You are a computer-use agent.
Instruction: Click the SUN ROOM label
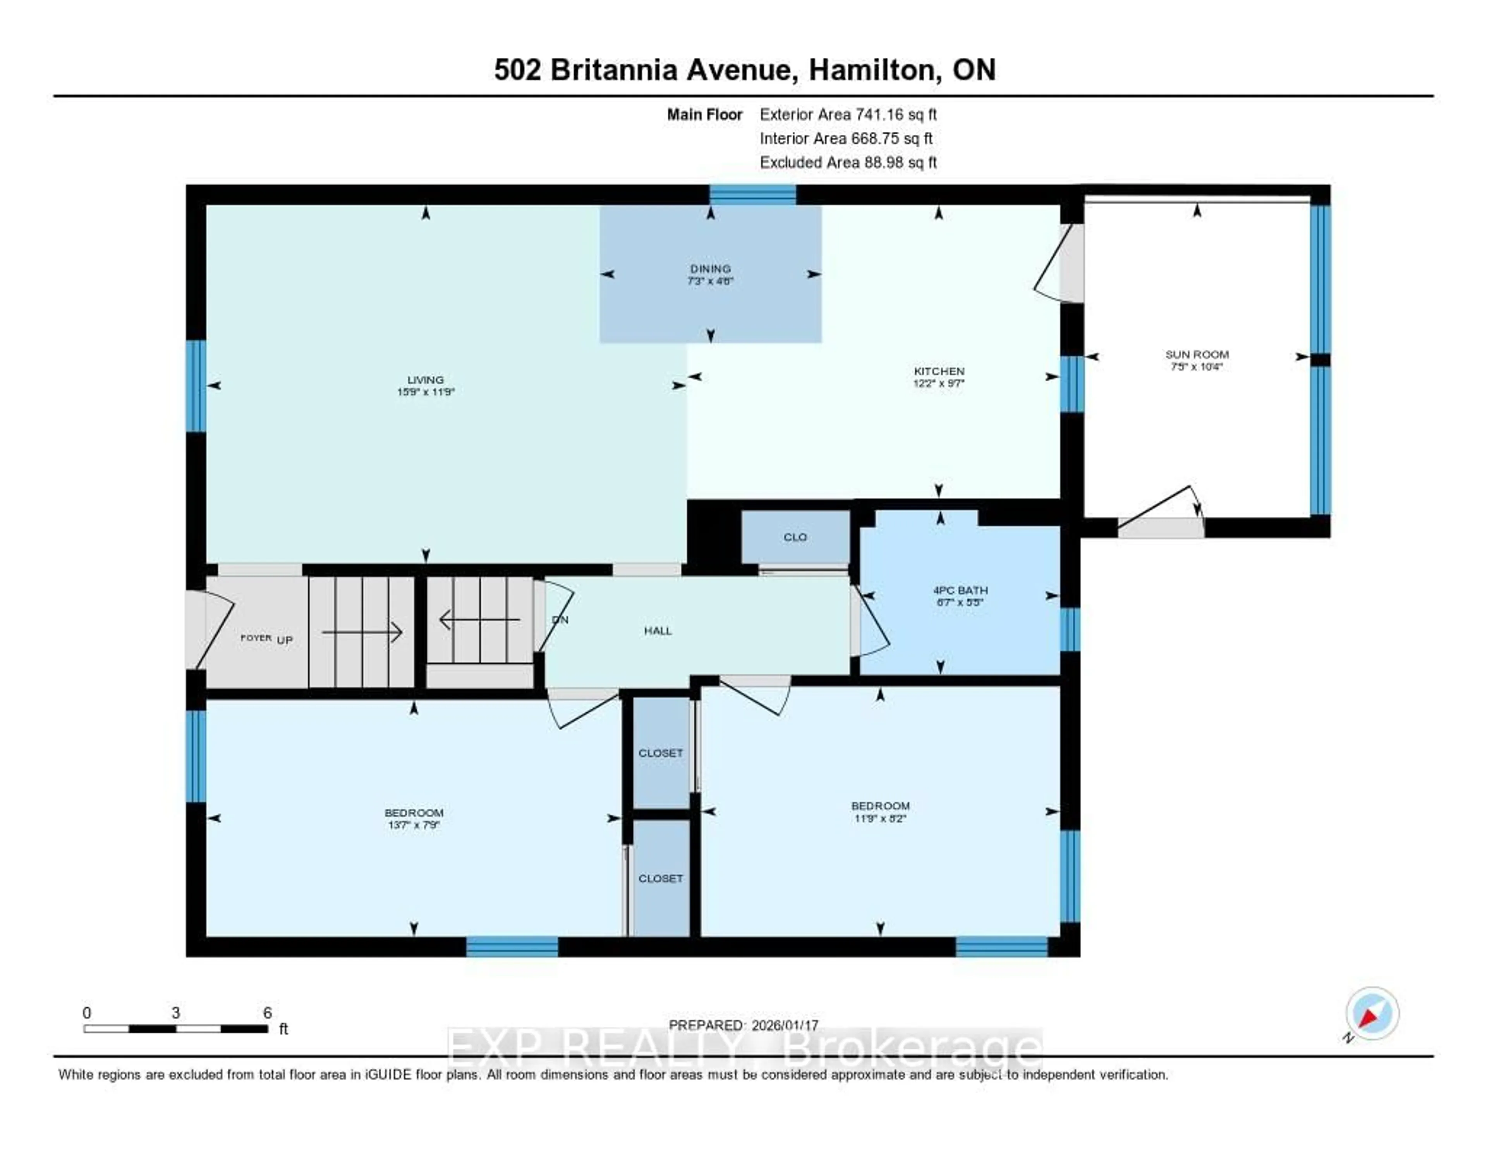click(1196, 354)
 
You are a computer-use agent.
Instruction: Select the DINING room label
click(710, 268)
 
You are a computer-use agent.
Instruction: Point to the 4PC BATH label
click(960, 590)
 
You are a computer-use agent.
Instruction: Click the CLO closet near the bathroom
click(795, 537)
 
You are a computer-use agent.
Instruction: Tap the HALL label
click(658, 631)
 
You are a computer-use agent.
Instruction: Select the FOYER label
click(256, 638)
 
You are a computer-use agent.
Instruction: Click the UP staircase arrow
click(362, 633)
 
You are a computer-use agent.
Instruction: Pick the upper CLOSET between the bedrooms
click(660, 753)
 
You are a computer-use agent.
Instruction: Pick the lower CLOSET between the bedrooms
click(660, 878)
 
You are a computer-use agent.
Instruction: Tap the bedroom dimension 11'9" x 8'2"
click(880, 818)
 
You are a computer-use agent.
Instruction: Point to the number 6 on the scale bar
click(268, 1013)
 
